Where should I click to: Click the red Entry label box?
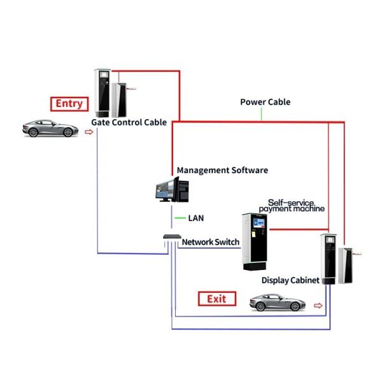click(69, 104)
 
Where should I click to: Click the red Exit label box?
click(216, 299)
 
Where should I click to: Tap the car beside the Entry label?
click(50, 128)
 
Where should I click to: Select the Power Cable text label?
click(265, 102)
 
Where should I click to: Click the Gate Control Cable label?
click(129, 122)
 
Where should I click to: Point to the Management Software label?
click(222, 170)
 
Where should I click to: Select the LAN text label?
click(196, 218)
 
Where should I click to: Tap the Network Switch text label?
click(211, 242)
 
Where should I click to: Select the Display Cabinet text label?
click(290, 280)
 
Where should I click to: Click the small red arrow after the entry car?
click(88, 132)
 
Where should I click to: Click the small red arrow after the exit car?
click(318, 306)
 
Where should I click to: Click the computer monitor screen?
click(164, 189)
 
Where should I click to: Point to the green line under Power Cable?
click(261, 114)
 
